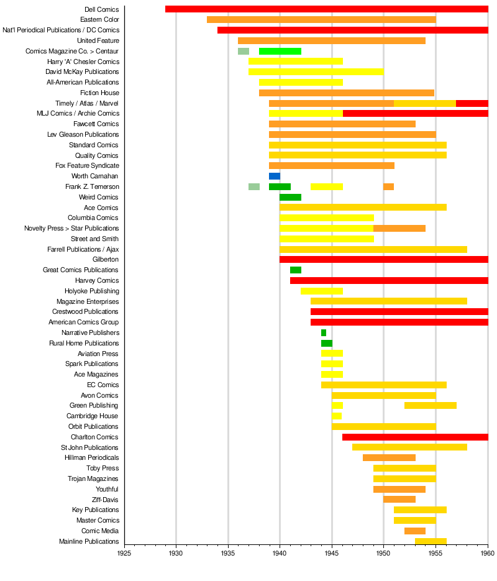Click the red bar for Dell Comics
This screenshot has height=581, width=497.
(326, 9)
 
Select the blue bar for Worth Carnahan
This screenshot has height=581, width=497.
(275, 176)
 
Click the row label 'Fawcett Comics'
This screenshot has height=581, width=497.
(96, 124)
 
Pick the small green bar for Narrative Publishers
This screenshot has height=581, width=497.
(324, 333)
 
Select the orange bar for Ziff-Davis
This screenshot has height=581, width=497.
(399, 500)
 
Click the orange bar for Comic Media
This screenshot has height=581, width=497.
(414, 531)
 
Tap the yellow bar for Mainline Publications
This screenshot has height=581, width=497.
(431, 541)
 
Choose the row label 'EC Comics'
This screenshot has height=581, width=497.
(103, 385)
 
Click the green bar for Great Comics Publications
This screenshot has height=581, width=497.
(296, 270)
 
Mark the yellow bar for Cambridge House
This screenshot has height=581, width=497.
(336, 416)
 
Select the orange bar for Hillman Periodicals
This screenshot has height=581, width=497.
(389, 458)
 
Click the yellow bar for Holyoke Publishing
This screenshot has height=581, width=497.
(321, 291)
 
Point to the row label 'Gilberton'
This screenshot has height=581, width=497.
(106, 260)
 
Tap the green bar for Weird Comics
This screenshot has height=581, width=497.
(290, 197)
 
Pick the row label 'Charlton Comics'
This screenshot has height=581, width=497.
(94, 437)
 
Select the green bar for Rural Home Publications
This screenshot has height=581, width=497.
(326, 343)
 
